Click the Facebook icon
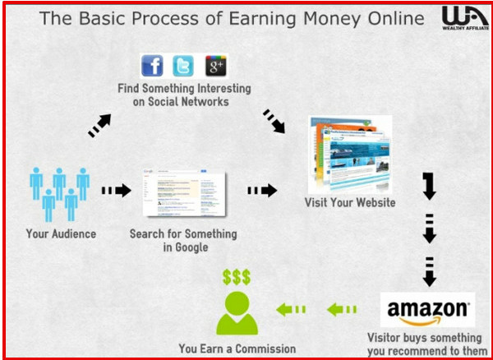[152, 66]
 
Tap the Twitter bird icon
[183, 66]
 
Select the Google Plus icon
[216, 66]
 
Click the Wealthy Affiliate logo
[465, 18]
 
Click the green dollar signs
[237, 277]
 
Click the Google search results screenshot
[184, 193]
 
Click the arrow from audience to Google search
[117, 190]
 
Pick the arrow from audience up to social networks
[99, 126]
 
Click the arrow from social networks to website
[274, 122]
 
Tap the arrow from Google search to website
[263, 190]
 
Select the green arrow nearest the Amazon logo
[342, 310]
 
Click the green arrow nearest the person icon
[291, 310]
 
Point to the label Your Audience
[61, 234]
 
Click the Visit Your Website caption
[350, 202]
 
